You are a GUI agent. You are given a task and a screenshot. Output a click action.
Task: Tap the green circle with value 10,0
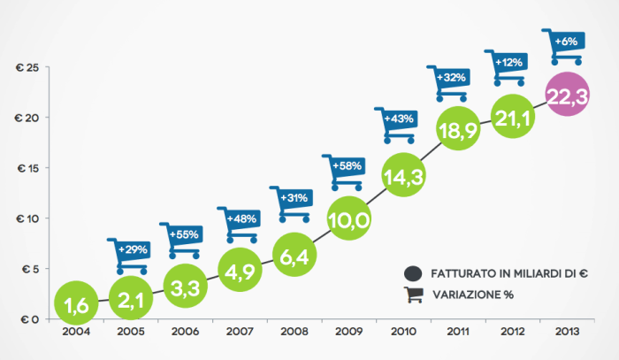(x=348, y=221)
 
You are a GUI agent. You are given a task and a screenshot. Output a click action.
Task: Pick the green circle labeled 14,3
(x=403, y=176)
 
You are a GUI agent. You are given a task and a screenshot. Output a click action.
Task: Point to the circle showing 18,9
(x=459, y=129)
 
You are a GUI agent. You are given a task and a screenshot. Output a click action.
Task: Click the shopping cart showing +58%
(x=348, y=172)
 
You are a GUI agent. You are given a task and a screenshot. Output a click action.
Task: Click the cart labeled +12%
(x=508, y=66)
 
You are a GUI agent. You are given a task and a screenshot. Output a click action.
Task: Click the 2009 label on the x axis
(x=348, y=333)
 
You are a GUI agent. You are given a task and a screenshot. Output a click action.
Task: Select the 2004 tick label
(x=76, y=333)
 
